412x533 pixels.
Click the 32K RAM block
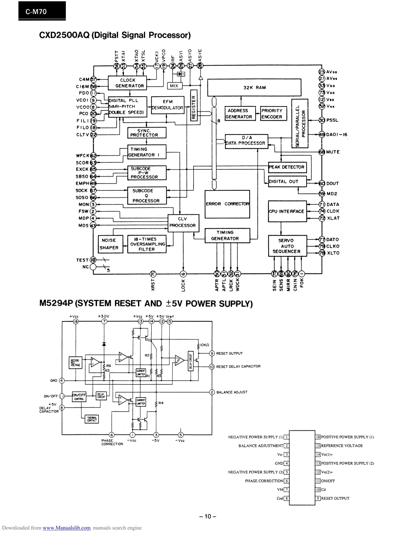(254, 87)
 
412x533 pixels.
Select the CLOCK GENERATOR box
(127, 83)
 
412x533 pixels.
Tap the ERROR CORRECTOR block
(227, 204)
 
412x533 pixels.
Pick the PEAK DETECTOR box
(287, 167)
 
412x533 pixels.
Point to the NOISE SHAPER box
(109, 244)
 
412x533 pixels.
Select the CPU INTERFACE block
(287, 211)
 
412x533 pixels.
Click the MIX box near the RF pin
(174, 86)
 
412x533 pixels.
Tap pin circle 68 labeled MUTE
(322, 152)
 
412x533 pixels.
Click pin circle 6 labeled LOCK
(183, 274)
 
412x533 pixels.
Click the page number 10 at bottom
(207, 516)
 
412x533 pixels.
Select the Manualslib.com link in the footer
(67, 528)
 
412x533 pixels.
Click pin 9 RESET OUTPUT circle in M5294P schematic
(212, 353)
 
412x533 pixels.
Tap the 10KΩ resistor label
(205, 345)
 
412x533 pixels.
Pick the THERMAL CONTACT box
(91, 419)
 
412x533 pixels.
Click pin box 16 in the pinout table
(318, 437)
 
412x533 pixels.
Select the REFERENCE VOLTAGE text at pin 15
(342, 446)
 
